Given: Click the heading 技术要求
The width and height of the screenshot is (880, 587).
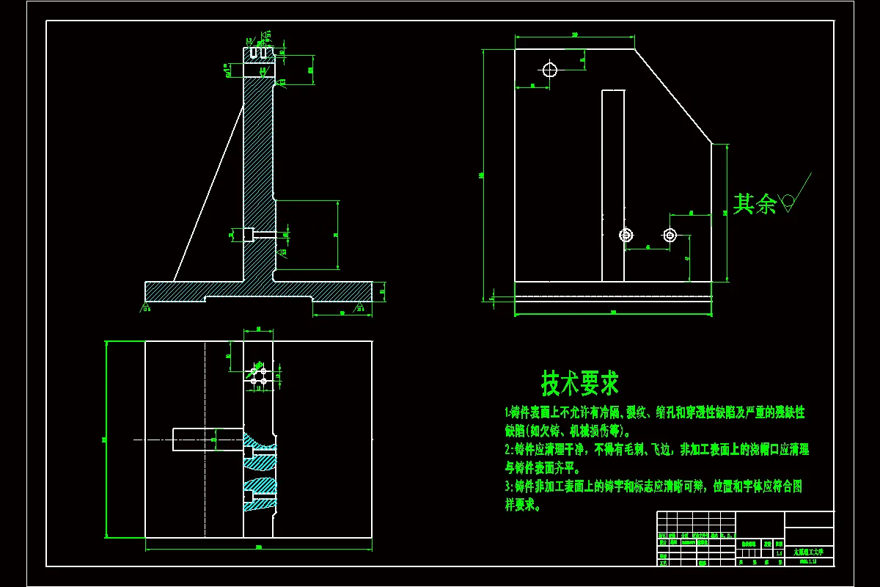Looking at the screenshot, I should (579, 383).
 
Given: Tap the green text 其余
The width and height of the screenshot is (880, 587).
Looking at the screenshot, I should (755, 203).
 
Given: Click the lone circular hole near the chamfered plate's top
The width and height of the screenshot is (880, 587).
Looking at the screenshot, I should (549, 70).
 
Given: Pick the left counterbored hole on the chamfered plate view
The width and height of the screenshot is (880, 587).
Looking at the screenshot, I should (626, 235).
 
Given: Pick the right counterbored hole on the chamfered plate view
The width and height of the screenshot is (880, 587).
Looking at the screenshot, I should (670, 235).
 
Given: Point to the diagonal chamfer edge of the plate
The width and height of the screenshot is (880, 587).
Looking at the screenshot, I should (673, 96).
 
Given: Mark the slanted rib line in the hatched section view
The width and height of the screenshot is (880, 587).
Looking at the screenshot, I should (208, 192).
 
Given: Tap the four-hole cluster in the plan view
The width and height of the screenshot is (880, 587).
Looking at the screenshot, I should (258, 376).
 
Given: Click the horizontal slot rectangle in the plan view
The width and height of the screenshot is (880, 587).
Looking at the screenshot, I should (208, 439).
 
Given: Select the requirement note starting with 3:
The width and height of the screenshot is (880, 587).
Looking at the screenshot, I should (653, 495).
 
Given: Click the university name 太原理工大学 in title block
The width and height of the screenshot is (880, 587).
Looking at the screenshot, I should (809, 551).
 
